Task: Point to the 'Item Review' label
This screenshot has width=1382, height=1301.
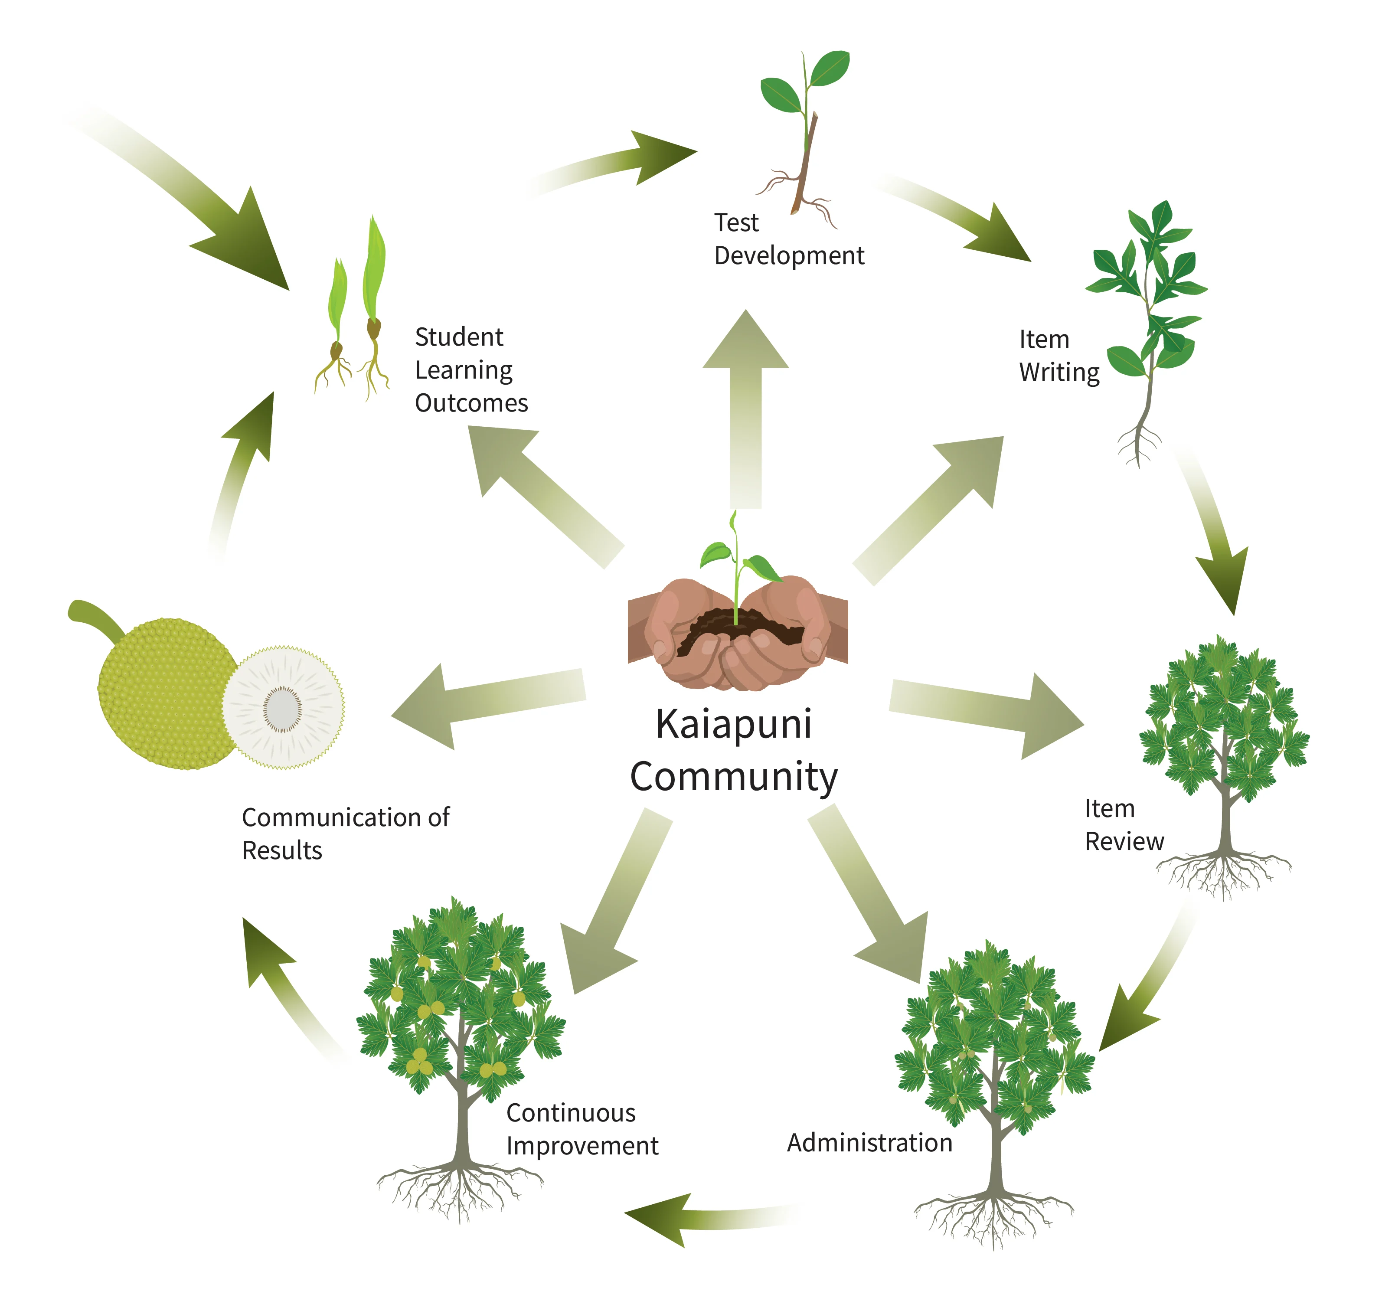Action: point(1124,825)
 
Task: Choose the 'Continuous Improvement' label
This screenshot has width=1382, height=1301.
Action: point(581,1129)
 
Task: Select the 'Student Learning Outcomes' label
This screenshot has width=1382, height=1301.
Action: point(470,370)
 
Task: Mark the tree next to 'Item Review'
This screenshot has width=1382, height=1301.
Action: point(1223,751)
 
